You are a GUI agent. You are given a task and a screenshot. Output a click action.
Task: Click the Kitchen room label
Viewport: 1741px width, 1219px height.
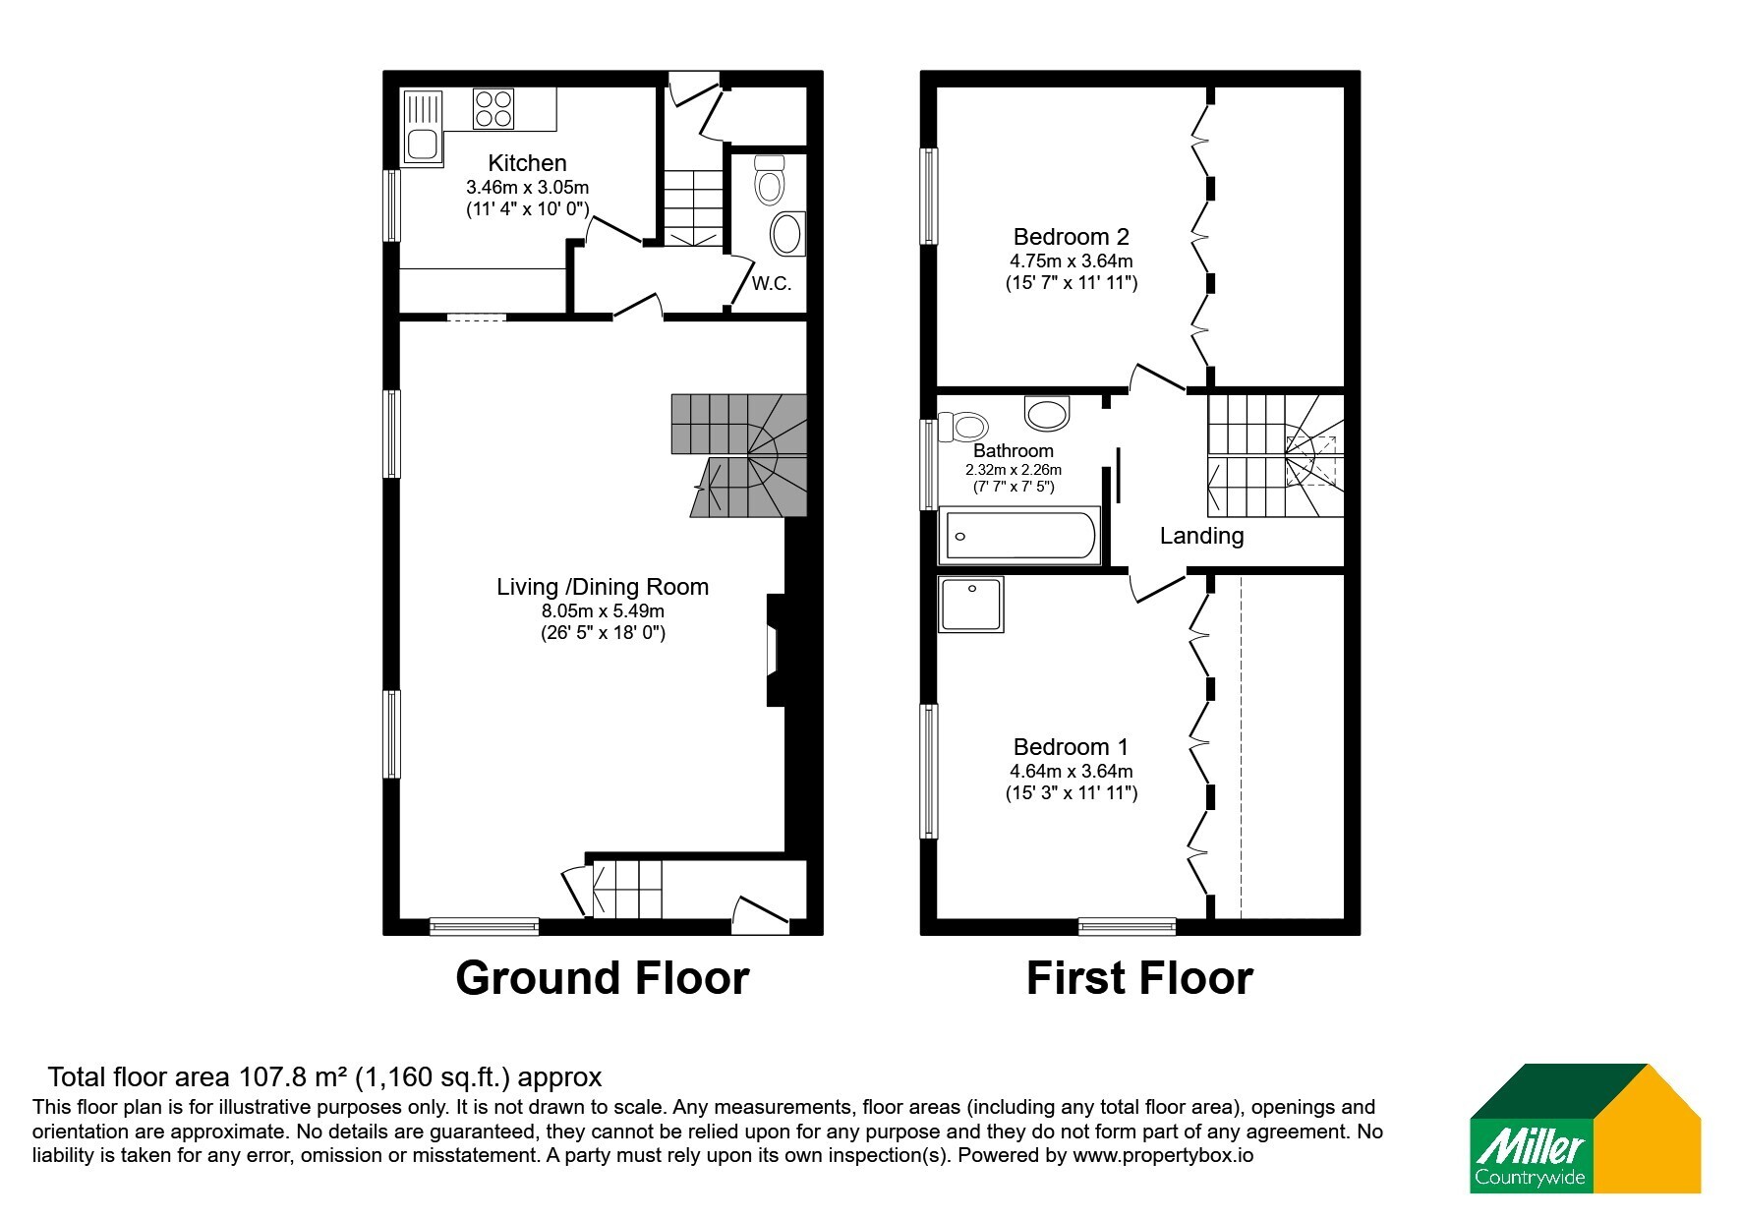[527, 163]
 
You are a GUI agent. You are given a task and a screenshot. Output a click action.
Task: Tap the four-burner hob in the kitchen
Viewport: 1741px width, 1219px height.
[493, 108]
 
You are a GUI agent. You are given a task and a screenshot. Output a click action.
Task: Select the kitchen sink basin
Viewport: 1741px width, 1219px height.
[423, 145]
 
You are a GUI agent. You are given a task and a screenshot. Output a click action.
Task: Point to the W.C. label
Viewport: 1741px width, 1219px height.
[772, 284]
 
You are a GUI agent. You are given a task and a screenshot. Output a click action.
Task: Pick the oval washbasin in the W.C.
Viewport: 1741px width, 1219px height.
[787, 235]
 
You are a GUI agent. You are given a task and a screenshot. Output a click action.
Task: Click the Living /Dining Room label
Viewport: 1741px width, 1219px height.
[603, 587]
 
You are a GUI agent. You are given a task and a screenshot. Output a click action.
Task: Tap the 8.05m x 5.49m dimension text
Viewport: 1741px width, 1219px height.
[603, 610]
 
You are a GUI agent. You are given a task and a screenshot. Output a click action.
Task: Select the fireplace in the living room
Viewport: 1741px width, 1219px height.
[776, 650]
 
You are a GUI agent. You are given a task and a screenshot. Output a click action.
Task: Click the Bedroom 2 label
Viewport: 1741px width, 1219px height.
[1072, 237]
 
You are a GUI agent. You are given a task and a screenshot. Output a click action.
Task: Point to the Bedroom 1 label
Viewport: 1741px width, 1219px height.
[1072, 747]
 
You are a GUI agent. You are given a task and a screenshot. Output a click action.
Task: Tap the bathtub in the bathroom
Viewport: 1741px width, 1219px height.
[1019, 536]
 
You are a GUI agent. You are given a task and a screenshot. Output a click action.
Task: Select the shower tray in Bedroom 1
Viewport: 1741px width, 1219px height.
[971, 604]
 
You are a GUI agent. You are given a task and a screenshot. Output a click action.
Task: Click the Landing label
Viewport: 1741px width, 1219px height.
[1201, 536]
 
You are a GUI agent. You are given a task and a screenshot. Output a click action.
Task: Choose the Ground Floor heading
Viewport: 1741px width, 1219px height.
[603, 978]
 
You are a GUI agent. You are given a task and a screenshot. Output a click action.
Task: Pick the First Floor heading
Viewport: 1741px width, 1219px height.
[1139, 978]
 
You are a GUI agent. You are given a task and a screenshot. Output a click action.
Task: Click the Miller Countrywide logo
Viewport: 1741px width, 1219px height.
[1585, 1129]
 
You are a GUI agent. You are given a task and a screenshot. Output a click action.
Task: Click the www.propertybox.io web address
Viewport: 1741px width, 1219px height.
[1163, 1156]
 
